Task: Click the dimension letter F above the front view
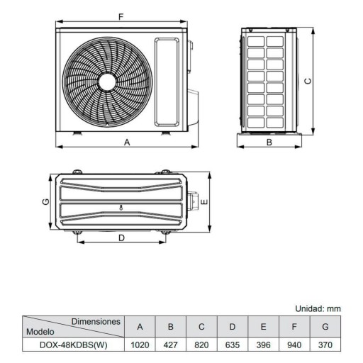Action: pos(122,16)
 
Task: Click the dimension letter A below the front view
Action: pos(127,142)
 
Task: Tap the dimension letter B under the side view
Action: pos(269,142)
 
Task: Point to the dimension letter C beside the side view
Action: pos(308,81)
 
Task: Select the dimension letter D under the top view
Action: pos(121,238)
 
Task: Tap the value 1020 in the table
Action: pos(140,346)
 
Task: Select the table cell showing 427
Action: pos(171,346)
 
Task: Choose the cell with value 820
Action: pos(201,346)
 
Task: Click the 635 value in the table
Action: pos(232,346)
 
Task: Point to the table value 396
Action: pos(263,346)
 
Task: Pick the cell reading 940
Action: pos(294,346)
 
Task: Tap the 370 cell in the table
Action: pos(325,346)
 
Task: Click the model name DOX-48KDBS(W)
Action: pos(72,346)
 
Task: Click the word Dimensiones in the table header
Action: pos(95,321)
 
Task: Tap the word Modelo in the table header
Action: pos(40,331)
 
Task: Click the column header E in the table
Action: pos(263,327)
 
